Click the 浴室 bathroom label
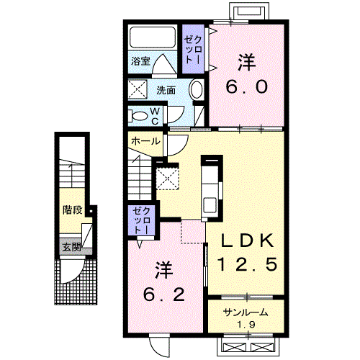pyautogui.click(x=140, y=61)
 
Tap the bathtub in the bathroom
pyautogui.click(x=153, y=37)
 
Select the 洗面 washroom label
pyautogui.click(x=166, y=90)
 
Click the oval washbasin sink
pyautogui.click(x=197, y=90)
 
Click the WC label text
pyautogui.click(x=155, y=116)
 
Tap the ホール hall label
pyautogui.click(x=145, y=141)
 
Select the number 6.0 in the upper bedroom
pyautogui.click(x=246, y=86)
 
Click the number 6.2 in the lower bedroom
pyautogui.click(x=164, y=294)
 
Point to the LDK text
pyautogui.click(x=247, y=240)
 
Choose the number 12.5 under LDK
pyautogui.click(x=247, y=264)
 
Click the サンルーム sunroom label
pyautogui.click(x=246, y=312)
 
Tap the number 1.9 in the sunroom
pyautogui.click(x=246, y=325)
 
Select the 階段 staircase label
pyautogui.click(x=73, y=210)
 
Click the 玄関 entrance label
pyautogui.click(x=71, y=247)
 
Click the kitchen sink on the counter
pyautogui.click(x=210, y=205)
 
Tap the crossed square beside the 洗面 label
pyautogui.click(x=138, y=89)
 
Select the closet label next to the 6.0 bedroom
pyautogui.click(x=193, y=50)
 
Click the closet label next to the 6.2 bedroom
pyautogui.click(x=141, y=220)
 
